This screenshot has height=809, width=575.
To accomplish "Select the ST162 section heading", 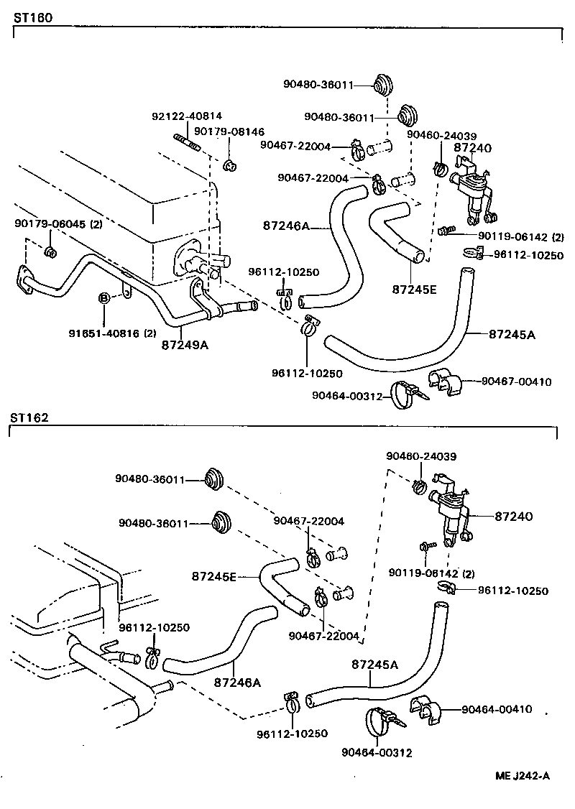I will click(29, 417).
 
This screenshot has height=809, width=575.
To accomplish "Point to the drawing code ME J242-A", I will click(522, 775).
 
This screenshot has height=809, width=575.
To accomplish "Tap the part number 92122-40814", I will click(187, 116).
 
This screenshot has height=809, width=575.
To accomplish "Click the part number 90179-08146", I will click(229, 132).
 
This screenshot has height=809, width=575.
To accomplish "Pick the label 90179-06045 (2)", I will click(57, 224).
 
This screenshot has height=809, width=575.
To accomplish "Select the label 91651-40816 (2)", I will click(112, 333).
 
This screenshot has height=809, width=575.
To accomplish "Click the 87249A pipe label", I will click(185, 345).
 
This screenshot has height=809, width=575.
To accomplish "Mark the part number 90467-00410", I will click(516, 382).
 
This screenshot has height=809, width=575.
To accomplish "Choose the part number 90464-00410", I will click(497, 709).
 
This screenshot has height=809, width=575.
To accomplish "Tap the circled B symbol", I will click(104, 297).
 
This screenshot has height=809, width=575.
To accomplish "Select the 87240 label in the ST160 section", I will click(472, 147).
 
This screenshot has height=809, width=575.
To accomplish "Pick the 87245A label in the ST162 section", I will click(374, 665).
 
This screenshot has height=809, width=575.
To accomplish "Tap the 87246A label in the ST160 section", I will click(285, 226).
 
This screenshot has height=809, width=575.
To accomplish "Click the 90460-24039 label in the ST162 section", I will click(420, 456).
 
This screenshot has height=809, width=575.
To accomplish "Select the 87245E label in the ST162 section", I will click(215, 575).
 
